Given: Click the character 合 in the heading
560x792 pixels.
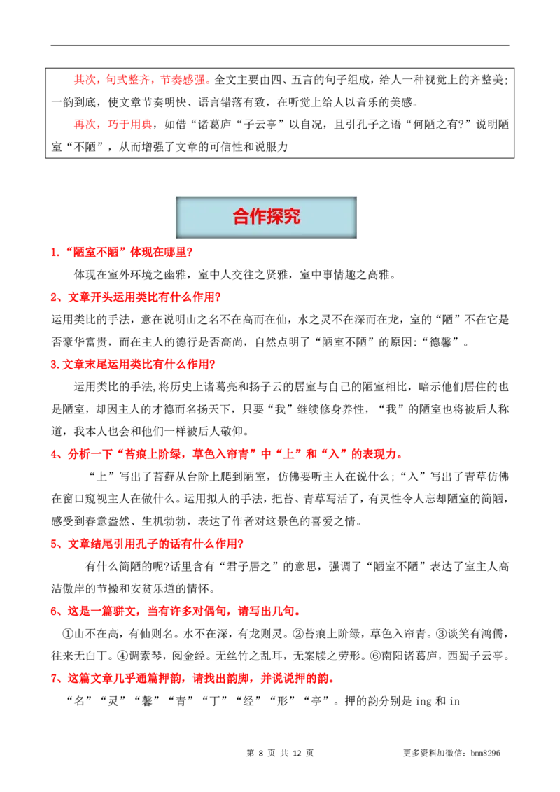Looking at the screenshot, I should click(x=241, y=217).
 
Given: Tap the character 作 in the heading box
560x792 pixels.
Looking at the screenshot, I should click(x=258, y=217).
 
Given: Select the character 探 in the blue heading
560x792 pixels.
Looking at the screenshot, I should click(x=275, y=217).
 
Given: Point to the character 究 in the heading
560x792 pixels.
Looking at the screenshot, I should click(x=292, y=217).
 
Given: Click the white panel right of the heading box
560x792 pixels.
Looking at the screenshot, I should click(x=458, y=218).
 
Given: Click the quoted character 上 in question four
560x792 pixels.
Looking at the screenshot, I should click(x=288, y=455).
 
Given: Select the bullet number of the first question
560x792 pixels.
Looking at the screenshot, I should click(x=54, y=253).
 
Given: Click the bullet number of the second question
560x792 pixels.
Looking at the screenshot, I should click(x=54, y=298).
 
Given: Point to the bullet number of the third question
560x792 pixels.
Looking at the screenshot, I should click(x=54, y=365).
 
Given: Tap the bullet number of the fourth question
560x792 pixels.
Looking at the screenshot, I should click(x=54, y=455).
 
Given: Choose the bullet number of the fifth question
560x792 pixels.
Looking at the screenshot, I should click(x=54, y=544).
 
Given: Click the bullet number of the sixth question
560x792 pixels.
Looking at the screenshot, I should click(x=54, y=612).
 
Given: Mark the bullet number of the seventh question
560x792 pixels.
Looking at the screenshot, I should click(x=54, y=679).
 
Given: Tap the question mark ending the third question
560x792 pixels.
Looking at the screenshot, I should click(x=214, y=365).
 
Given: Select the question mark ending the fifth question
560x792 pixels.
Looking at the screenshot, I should click(x=242, y=544).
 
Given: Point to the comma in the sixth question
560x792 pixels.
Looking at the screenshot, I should click(x=143, y=614).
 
